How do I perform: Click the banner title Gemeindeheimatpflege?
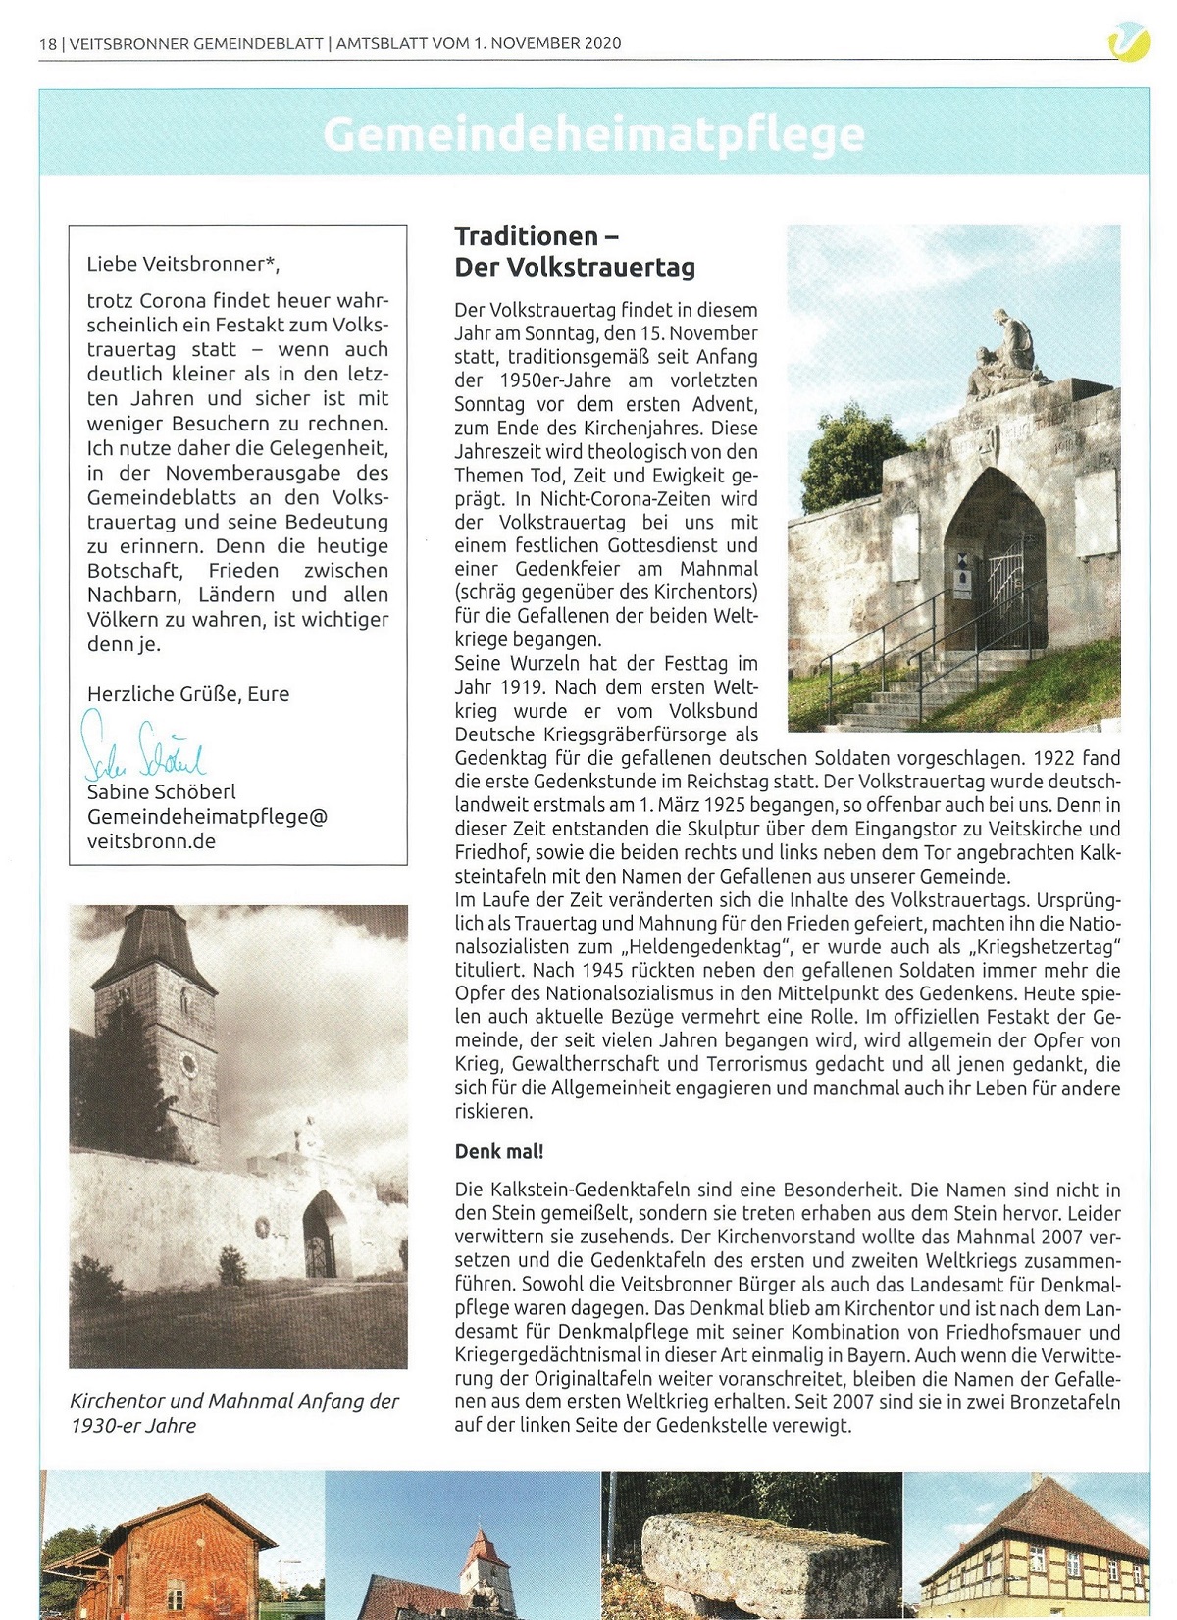593,134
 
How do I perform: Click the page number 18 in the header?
48,43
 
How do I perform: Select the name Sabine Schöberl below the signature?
161,791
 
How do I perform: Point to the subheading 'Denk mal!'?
498,1151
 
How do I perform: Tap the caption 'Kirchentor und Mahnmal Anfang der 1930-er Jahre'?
233,1413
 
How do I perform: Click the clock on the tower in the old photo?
187,1063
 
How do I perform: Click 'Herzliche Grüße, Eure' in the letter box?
187,694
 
